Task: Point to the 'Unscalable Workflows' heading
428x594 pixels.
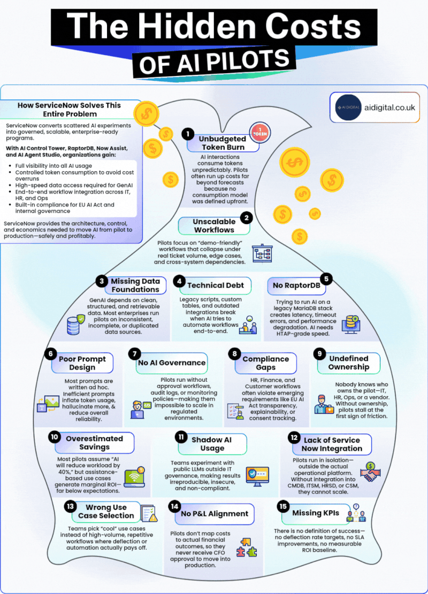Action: tap(214, 226)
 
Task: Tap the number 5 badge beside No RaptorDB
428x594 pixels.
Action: tap(325, 279)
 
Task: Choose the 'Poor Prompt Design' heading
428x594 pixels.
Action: tap(82, 362)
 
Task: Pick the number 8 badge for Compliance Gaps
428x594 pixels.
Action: tap(234, 353)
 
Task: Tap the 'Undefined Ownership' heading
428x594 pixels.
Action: tap(349, 362)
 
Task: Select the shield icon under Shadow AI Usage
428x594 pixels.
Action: tap(253, 474)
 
